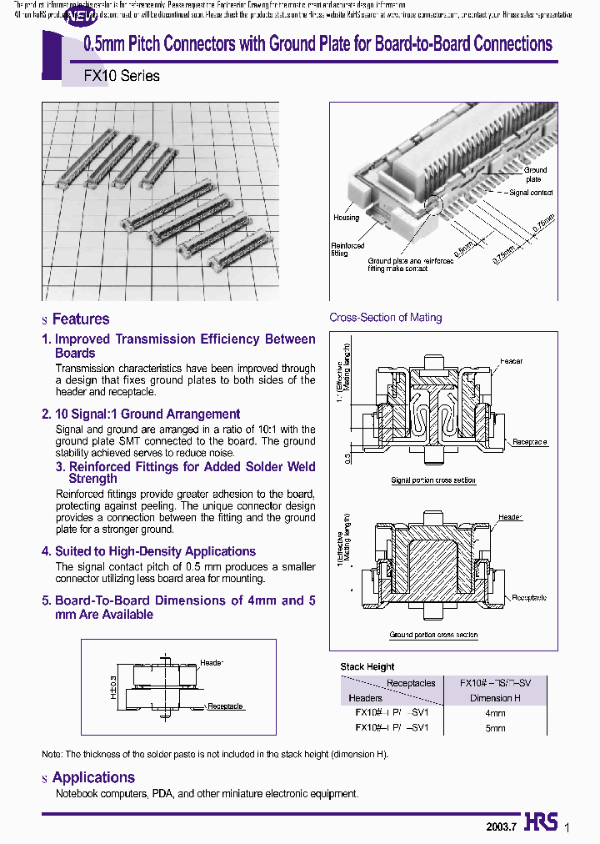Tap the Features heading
click(x=80, y=319)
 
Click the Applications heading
click(x=92, y=777)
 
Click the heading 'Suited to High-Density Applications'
click(x=155, y=551)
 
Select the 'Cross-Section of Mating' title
click(x=385, y=318)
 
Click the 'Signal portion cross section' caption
click(x=433, y=480)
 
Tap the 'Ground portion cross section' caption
click(x=433, y=636)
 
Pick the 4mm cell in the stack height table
click(x=494, y=714)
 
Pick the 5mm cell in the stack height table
click(x=494, y=728)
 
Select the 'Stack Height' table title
click(x=367, y=667)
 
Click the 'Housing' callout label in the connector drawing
click(x=346, y=218)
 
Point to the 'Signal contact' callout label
click(x=531, y=193)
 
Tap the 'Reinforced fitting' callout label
click(x=347, y=250)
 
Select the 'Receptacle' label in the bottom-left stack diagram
click(x=225, y=706)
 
